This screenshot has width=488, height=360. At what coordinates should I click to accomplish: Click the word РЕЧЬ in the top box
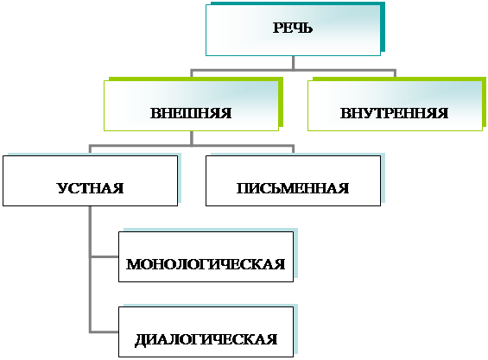[293, 28]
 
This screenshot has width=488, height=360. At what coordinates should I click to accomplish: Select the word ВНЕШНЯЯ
[191, 113]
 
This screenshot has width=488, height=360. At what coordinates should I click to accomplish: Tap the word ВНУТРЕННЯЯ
[394, 113]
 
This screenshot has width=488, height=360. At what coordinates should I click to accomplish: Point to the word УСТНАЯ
[90, 188]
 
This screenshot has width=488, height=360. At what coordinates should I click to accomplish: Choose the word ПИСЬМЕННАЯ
[293, 188]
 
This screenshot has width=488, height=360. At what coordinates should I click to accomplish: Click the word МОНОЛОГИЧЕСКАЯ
[206, 264]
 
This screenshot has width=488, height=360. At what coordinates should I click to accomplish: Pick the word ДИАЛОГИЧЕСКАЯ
[206, 339]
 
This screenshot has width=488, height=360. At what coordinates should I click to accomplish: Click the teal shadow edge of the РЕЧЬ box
[383, 28]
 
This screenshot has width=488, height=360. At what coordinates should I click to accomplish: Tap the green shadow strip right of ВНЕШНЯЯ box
[281, 103]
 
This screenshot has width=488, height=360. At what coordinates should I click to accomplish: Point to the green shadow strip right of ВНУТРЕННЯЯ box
[484, 103]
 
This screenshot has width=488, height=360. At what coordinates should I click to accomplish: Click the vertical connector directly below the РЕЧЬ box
[293, 63]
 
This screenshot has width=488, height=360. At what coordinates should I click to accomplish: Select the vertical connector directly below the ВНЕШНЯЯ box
[192, 138]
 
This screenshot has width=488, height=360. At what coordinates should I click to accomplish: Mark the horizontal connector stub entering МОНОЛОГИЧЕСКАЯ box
[105, 256]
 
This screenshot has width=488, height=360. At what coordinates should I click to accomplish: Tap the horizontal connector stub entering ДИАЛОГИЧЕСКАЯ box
[105, 332]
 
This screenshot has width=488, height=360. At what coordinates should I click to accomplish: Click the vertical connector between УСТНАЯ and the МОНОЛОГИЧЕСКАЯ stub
[90, 231]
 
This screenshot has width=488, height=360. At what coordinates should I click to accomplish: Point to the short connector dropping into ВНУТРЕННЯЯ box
[395, 73]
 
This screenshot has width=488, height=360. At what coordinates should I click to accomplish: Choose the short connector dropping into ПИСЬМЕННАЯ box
[293, 149]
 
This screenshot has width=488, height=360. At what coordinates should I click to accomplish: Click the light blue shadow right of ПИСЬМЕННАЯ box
[383, 178]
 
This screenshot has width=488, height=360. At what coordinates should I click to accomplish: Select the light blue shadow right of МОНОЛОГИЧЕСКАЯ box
[295, 253]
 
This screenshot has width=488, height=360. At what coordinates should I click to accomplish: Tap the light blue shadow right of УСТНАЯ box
[180, 178]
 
